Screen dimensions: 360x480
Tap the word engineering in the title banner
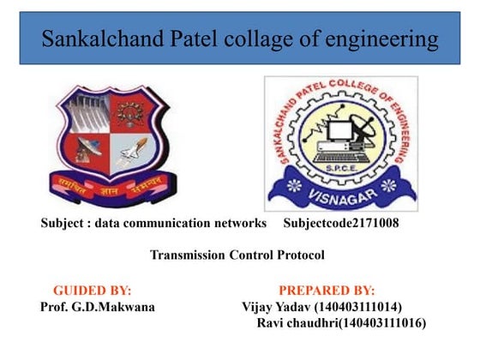[x=381, y=39]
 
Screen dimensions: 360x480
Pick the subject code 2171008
[x=375, y=224]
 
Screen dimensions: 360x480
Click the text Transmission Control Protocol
[x=237, y=255]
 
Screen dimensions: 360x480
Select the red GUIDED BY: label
[x=93, y=291]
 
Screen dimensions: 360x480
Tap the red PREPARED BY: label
[x=327, y=291]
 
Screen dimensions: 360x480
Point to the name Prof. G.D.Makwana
[x=98, y=307]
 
